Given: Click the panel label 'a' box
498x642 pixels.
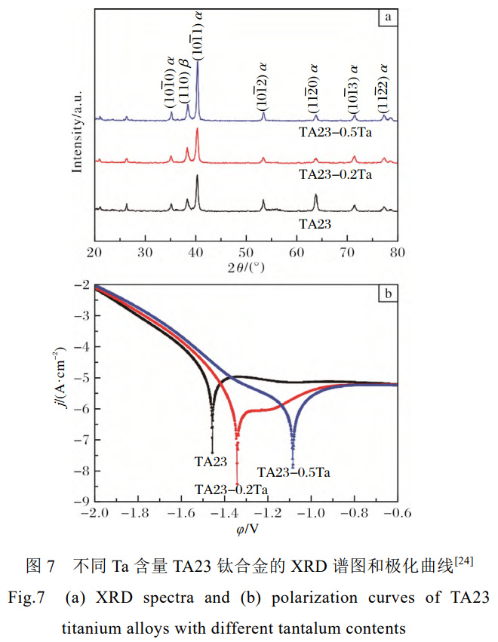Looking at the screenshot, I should (x=387, y=17).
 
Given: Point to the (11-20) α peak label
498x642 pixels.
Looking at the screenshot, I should (x=312, y=84).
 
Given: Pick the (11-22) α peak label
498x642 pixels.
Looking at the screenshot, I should (x=383, y=84).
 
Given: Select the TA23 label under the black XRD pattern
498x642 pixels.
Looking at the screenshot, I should (x=317, y=223).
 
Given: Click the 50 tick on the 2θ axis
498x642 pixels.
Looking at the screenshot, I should (x=246, y=251).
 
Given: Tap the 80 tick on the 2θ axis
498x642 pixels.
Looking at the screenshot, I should (x=397, y=251).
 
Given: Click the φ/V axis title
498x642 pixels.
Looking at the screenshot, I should (x=246, y=528).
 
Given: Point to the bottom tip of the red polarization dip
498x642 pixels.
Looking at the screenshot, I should (x=237, y=483).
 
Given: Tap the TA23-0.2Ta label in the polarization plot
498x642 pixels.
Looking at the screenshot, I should (x=230, y=490).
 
